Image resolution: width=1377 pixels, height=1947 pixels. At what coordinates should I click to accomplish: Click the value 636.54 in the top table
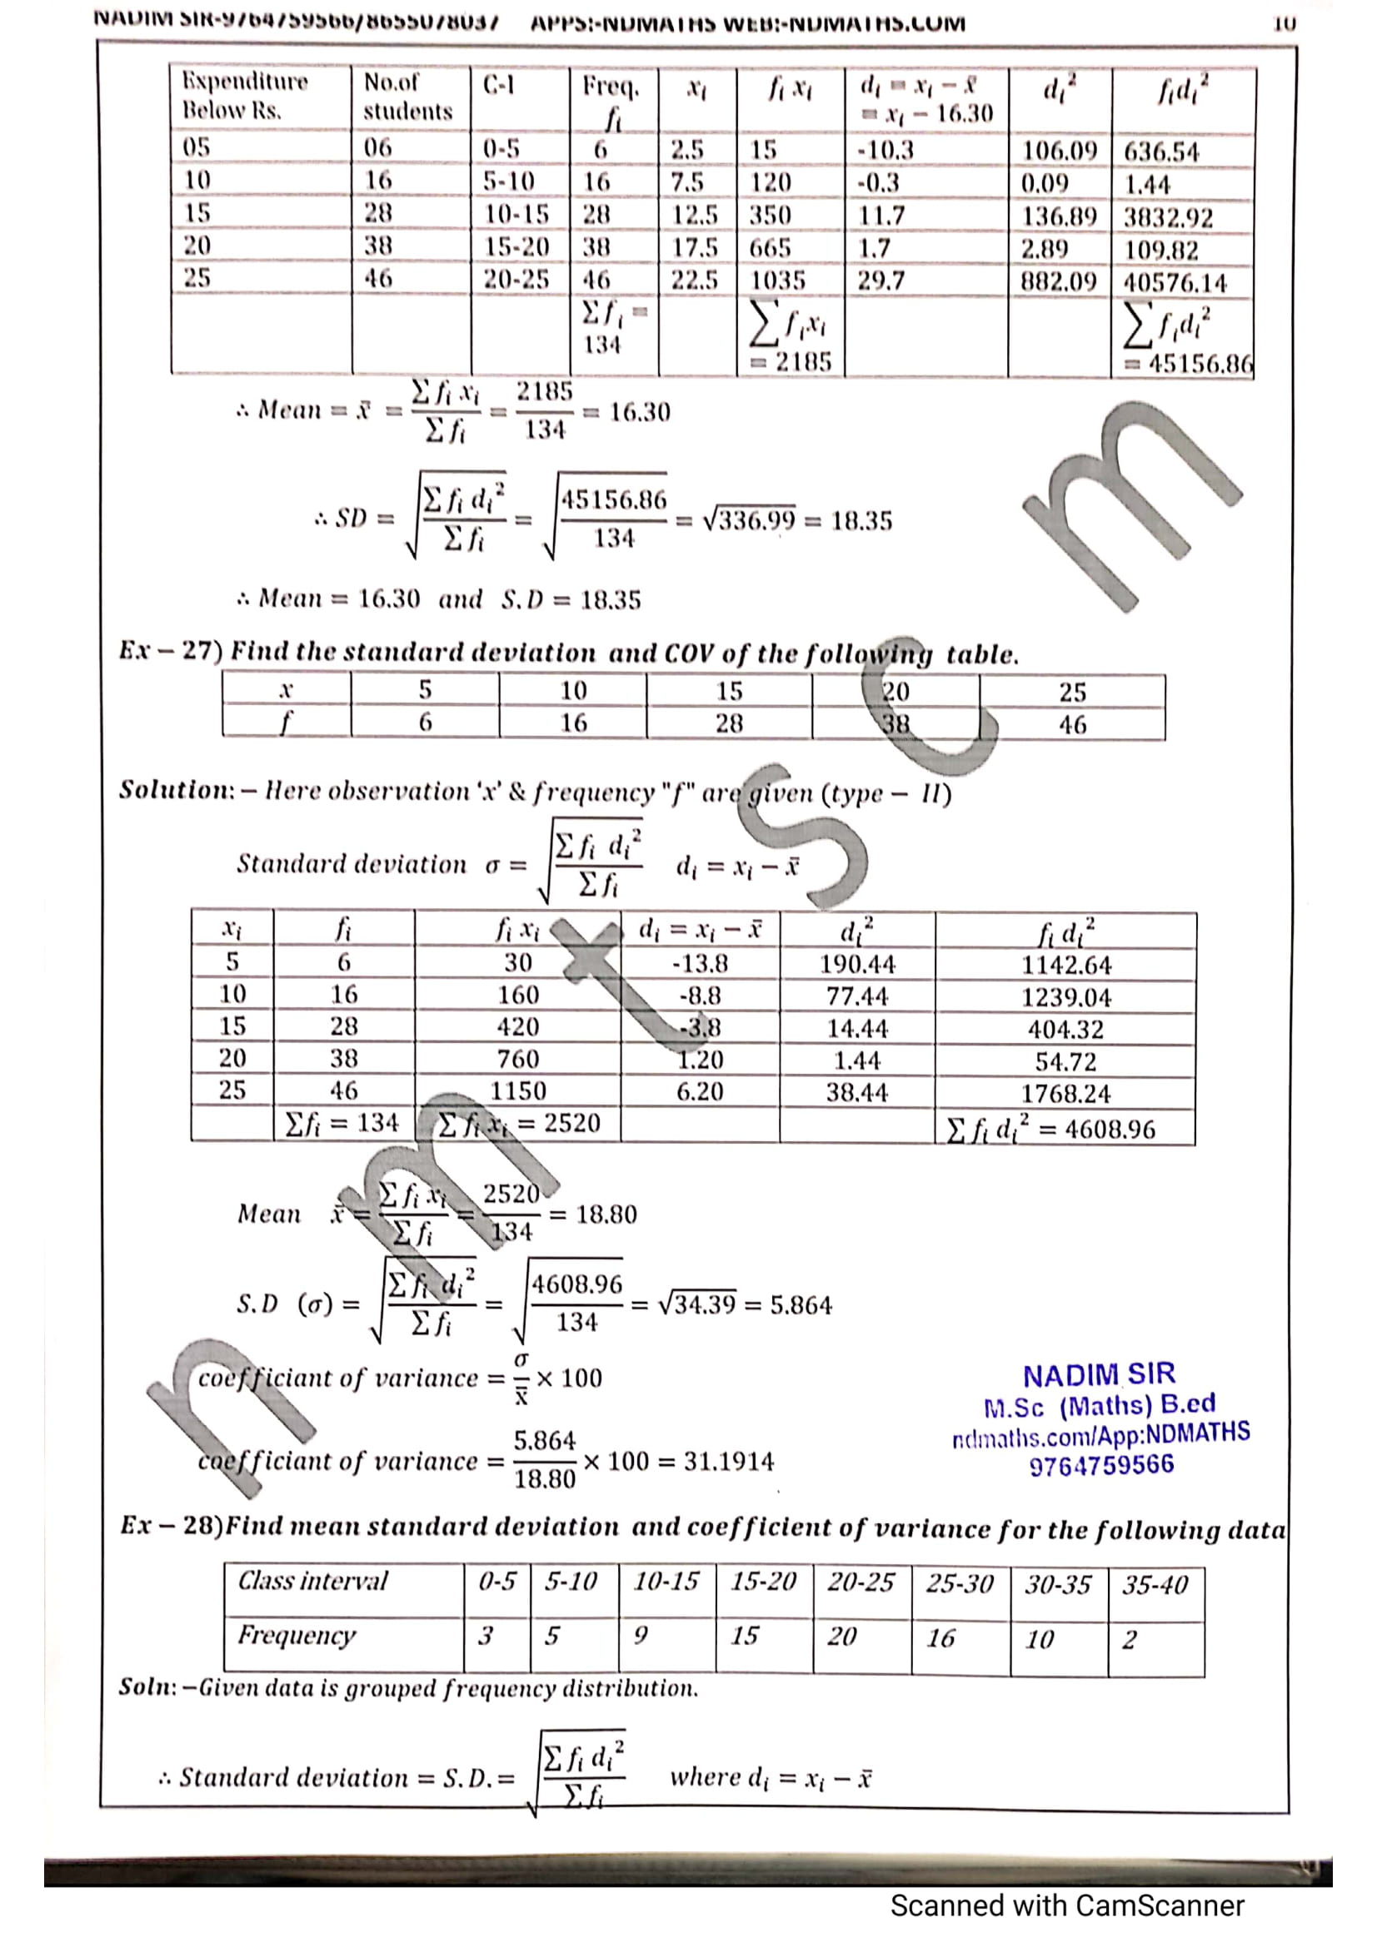pyautogui.click(x=1160, y=152)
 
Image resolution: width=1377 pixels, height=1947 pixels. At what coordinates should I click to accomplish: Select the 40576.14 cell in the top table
pyautogui.click(x=1175, y=282)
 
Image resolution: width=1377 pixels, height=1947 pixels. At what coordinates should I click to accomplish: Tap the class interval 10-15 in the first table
pyautogui.click(x=516, y=215)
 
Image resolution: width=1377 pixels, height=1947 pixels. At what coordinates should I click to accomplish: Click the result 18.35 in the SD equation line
pyautogui.click(x=861, y=520)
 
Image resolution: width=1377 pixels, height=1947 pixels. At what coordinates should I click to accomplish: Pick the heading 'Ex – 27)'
pyautogui.click(x=170, y=650)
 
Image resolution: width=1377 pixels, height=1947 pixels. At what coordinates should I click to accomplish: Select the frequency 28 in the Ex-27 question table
pyautogui.click(x=728, y=723)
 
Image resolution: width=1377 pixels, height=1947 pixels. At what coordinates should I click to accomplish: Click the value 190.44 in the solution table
pyautogui.click(x=857, y=964)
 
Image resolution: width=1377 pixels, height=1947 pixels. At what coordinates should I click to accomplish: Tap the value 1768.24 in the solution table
pyautogui.click(x=1065, y=1093)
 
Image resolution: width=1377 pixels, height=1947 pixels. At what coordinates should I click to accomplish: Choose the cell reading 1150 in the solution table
pyautogui.click(x=517, y=1091)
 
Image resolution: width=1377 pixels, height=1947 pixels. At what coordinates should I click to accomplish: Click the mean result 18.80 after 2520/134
pyautogui.click(x=606, y=1214)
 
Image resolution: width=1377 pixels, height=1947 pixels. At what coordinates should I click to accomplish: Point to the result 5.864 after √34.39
pyautogui.click(x=801, y=1304)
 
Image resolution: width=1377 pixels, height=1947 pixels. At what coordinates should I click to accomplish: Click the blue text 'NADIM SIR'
pyautogui.click(x=1099, y=1374)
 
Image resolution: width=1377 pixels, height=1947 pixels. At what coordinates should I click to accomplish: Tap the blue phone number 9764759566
pyautogui.click(x=1101, y=1464)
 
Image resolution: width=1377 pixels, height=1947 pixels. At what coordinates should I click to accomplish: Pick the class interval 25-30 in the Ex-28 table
pyautogui.click(x=959, y=1583)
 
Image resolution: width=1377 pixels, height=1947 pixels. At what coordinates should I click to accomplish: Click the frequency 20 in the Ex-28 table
pyautogui.click(x=841, y=1636)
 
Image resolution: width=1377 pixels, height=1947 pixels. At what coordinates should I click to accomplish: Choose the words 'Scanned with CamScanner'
pyautogui.click(x=1066, y=1905)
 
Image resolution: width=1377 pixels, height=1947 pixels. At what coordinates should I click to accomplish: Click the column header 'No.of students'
pyautogui.click(x=408, y=97)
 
